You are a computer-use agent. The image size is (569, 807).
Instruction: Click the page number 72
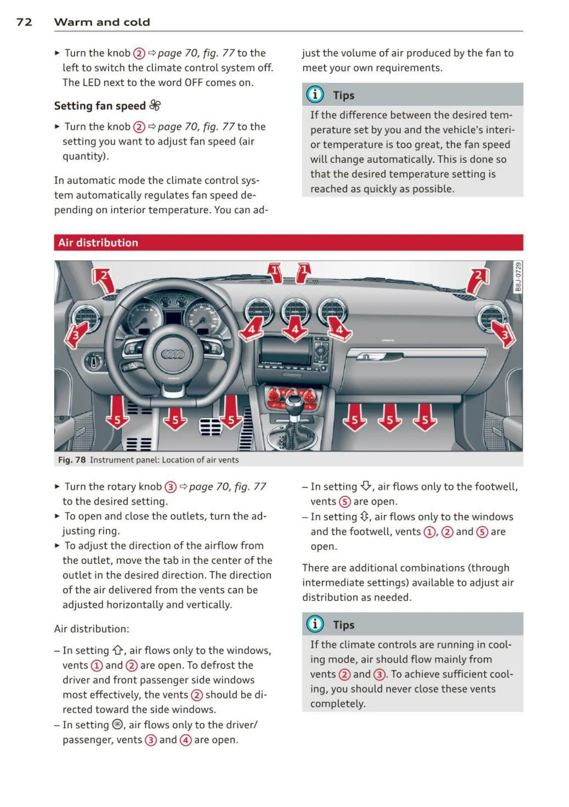pos(24,22)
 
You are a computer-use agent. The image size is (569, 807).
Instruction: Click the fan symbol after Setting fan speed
pos(155,105)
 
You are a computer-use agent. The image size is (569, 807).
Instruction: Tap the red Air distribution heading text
pos(98,243)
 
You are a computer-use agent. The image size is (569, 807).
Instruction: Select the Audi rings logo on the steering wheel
pos(173,354)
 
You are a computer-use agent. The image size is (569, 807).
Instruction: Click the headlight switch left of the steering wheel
pos(93,362)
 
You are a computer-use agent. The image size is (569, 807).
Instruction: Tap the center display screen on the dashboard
pos(284,351)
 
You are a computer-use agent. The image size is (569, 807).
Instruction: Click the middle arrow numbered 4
pos(295,329)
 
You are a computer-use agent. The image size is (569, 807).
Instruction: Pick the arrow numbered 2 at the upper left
pos(103,280)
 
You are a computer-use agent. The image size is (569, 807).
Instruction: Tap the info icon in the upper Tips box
pos(315,95)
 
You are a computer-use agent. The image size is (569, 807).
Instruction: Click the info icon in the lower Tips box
pos(315,624)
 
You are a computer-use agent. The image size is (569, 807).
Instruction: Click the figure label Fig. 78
pos(72,460)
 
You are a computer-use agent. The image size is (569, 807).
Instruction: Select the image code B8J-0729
pos(517,277)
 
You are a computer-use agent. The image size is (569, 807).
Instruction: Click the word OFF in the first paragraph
pos(193,83)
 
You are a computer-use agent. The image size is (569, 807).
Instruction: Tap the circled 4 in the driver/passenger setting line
pos(186,740)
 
